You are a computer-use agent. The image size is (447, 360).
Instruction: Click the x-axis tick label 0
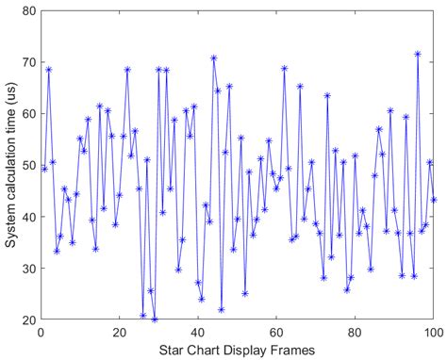pos(41,332)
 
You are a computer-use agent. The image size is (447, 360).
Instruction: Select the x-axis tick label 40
pos(198,332)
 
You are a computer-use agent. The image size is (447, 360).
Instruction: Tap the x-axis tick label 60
pos(276,332)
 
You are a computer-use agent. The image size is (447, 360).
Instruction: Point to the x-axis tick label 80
pos(356,332)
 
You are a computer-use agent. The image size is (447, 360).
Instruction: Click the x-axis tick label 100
pos(433,332)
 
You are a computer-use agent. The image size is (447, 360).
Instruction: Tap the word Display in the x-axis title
pos(240,349)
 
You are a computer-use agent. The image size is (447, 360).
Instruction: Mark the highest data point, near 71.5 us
pos(418,54)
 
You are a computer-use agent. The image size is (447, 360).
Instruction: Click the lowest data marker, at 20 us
pos(155,319)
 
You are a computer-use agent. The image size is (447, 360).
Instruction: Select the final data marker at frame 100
pos(434,200)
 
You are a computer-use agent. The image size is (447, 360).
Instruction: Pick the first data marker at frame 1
pos(44,169)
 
